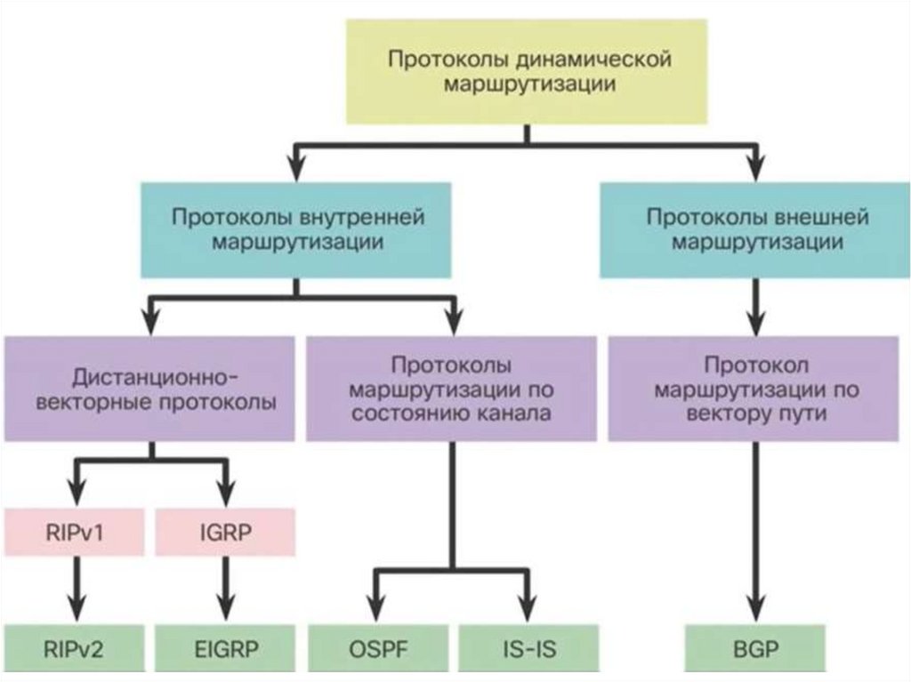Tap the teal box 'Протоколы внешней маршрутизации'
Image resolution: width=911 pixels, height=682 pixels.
coord(755,229)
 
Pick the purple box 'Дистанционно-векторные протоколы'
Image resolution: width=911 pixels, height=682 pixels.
coord(149,389)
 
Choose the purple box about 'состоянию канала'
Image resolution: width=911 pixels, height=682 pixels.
coord(451,389)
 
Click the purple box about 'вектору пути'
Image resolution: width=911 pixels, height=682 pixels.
coord(754,389)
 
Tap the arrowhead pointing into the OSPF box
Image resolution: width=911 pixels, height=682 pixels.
coord(376,612)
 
